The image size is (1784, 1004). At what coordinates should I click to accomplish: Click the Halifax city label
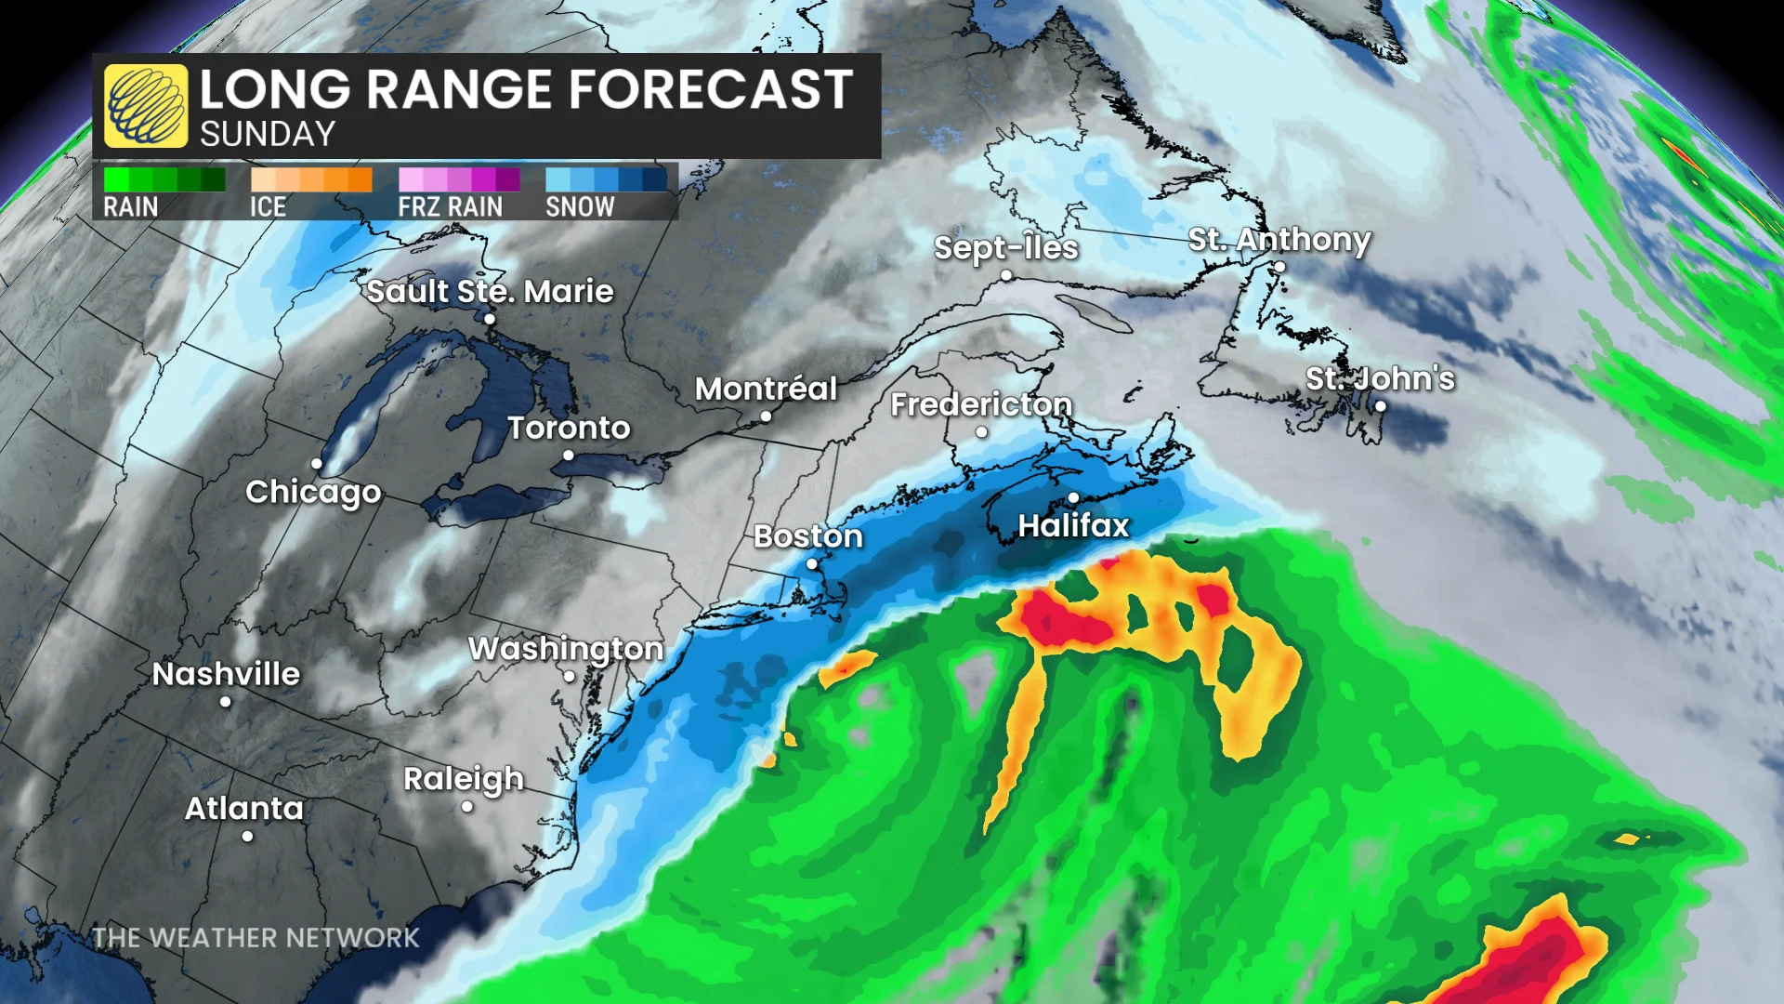point(1073,526)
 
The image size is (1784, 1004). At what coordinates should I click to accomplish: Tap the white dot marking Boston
point(811,564)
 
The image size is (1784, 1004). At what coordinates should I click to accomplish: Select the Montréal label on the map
point(766,389)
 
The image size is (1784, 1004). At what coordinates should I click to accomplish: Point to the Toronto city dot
point(568,456)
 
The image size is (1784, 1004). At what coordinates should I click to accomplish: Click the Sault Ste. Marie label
point(490,291)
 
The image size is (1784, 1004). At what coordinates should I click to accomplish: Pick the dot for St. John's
point(1381,406)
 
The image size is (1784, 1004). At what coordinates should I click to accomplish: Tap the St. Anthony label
point(1279,239)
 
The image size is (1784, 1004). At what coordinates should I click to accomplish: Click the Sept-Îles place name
point(1005,247)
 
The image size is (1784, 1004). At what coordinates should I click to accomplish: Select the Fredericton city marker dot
point(981,432)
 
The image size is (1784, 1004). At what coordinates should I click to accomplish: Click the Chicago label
point(313,492)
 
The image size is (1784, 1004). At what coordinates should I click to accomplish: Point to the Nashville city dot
point(226,702)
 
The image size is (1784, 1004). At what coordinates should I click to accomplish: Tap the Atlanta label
point(244,809)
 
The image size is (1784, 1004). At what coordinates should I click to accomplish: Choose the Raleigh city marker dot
point(466,807)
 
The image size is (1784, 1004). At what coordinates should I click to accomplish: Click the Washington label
point(566,648)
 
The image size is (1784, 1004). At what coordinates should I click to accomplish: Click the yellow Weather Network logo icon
point(146,106)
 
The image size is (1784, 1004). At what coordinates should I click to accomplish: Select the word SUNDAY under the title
point(268,135)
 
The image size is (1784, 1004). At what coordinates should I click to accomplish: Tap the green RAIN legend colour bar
point(164,179)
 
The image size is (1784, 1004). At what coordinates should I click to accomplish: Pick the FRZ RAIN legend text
point(450,206)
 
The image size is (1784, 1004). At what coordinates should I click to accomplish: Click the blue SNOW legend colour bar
point(606,179)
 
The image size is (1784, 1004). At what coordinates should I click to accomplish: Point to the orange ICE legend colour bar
point(311,179)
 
